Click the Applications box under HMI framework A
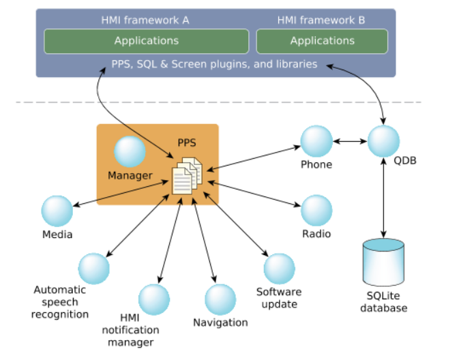click(x=146, y=41)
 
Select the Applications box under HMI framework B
click(x=322, y=41)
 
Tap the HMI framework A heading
click(x=145, y=20)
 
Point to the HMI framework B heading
click(x=321, y=20)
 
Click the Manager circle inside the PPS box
click(x=130, y=151)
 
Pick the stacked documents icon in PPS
click(x=187, y=175)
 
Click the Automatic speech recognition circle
click(x=94, y=269)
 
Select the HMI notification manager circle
click(x=154, y=299)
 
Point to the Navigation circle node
click(x=220, y=299)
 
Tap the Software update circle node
click(x=279, y=269)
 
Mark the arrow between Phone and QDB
click(x=350, y=142)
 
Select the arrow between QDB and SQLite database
click(x=384, y=198)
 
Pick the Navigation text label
click(x=220, y=322)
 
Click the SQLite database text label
click(x=384, y=302)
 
